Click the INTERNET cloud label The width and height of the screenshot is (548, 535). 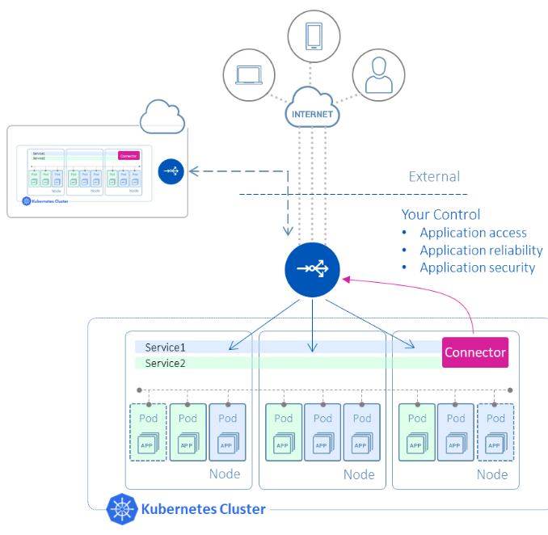point(312,114)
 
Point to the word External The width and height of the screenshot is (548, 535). point(434,177)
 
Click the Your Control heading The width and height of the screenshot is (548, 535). point(441,215)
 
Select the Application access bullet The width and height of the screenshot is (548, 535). point(473,233)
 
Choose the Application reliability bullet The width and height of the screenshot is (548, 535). point(481,250)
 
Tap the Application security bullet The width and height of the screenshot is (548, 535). point(477,267)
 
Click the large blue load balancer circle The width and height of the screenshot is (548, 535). point(311,269)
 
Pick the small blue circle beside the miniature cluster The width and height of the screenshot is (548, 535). point(171,171)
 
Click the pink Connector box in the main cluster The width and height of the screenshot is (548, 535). point(475,352)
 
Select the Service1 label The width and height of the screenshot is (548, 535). point(165,348)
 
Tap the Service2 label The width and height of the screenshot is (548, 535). point(165,363)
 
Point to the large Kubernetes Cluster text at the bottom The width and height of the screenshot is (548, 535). point(203,509)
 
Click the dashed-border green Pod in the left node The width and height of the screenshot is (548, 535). point(148,432)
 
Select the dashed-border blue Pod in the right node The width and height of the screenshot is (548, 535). point(495,432)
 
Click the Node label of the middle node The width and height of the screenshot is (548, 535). point(358,474)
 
